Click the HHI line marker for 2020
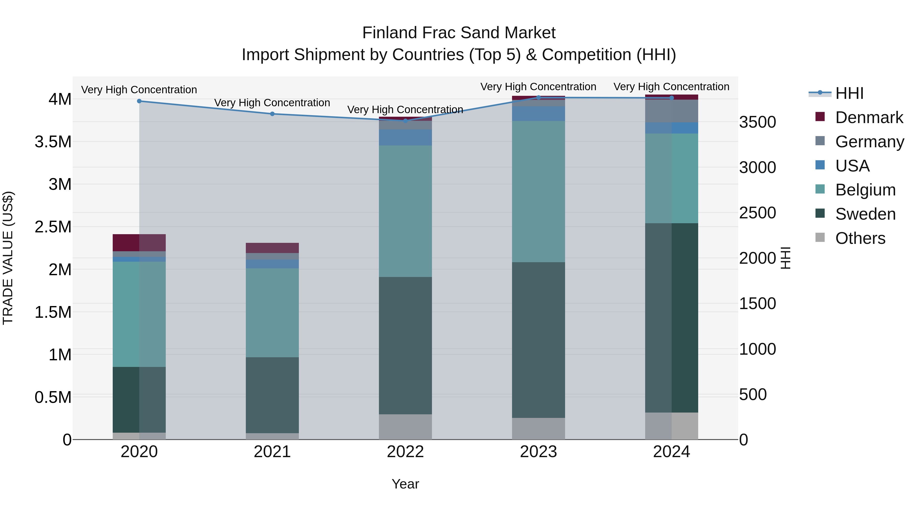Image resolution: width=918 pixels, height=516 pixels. (x=139, y=101)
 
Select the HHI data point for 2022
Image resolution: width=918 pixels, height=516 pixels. (x=405, y=121)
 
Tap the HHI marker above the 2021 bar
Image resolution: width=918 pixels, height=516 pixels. (x=272, y=114)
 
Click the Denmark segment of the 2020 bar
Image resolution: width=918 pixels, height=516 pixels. (x=139, y=243)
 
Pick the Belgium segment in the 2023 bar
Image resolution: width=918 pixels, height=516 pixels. (x=539, y=192)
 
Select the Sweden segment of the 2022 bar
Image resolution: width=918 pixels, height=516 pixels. (x=405, y=346)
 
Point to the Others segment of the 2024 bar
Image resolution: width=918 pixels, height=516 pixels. (x=671, y=426)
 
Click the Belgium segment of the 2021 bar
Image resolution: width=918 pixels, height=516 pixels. (x=272, y=313)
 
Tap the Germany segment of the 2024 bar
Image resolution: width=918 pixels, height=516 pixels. (x=671, y=111)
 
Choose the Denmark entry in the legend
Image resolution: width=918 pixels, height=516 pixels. (x=869, y=117)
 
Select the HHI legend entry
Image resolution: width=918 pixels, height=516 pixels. (x=849, y=93)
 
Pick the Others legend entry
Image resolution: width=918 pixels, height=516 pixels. (x=860, y=238)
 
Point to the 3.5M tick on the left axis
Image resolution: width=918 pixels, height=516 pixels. (x=53, y=142)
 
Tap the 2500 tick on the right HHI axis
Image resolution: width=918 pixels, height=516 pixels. (x=757, y=213)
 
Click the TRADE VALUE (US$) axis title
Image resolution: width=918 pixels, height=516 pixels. (x=8, y=258)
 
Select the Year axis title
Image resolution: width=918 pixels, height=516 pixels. (x=405, y=484)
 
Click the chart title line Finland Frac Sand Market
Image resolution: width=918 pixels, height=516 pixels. (x=459, y=33)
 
